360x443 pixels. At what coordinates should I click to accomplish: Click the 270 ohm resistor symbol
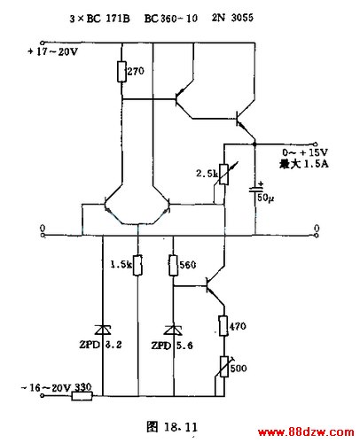pyautogui.click(x=121, y=71)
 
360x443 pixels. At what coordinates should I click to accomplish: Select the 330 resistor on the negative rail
pyautogui.click(x=82, y=396)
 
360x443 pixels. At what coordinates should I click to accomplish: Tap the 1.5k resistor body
pyautogui.click(x=137, y=265)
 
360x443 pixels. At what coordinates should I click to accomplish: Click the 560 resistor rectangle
pyautogui.click(x=174, y=265)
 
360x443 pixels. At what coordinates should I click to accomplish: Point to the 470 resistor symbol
pyautogui.click(x=223, y=326)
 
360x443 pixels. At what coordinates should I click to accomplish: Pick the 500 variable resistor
pyautogui.click(x=223, y=367)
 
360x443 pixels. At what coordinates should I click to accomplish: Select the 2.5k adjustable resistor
pyautogui.click(x=223, y=175)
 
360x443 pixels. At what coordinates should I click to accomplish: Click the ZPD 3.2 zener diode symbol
pyautogui.click(x=103, y=330)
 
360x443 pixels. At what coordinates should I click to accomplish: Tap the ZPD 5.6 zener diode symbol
pyautogui.click(x=174, y=330)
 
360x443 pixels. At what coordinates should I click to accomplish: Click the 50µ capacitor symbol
pyautogui.click(x=255, y=190)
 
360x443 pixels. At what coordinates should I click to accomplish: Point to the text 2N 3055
pyautogui.click(x=232, y=18)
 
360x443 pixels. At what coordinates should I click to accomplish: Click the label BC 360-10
pyautogui.click(x=171, y=19)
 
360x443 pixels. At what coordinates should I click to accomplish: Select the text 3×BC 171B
pyautogui.click(x=99, y=19)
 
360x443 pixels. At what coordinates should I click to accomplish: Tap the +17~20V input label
pyautogui.click(x=52, y=52)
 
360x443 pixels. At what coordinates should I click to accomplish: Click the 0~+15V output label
pyautogui.click(x=305, y=152)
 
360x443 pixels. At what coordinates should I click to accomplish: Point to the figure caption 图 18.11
pyautogui.click(x=172, y=427)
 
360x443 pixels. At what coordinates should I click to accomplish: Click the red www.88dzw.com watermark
pyautogui.click(x=306, y=432)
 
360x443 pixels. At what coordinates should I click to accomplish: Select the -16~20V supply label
pyautogui.click(x=46, y=387)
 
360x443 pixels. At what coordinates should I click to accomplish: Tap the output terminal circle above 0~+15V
pyautogui.click(x=316, y=144)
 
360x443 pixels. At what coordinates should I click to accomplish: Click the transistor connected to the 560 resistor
pyautogui.click(x=215, y=286)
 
